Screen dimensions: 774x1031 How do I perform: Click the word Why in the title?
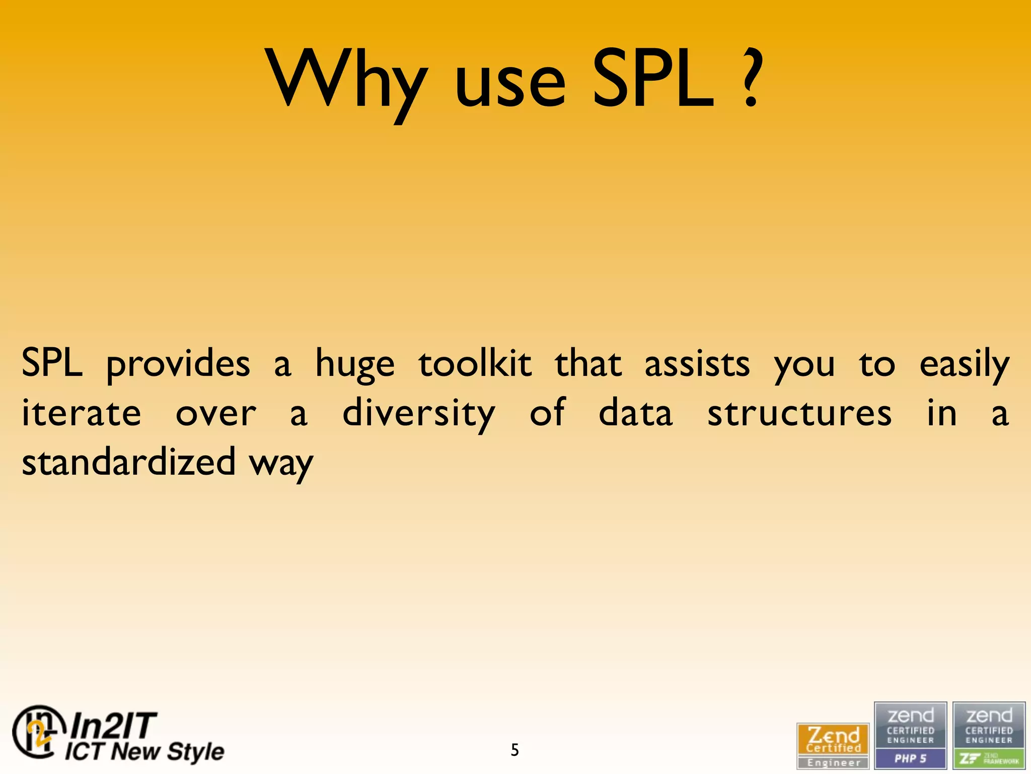pos(347,81)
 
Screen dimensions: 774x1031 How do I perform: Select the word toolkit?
pos(475,364)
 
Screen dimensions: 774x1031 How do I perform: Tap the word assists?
pos(697,364)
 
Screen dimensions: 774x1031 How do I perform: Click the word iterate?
pos(82,414)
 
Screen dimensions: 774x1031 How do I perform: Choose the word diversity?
pos(419,414)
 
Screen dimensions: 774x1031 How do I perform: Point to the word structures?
pos(799,414)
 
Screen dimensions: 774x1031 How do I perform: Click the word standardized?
pos(128,462)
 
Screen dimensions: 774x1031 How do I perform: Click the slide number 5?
pos(514,750)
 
